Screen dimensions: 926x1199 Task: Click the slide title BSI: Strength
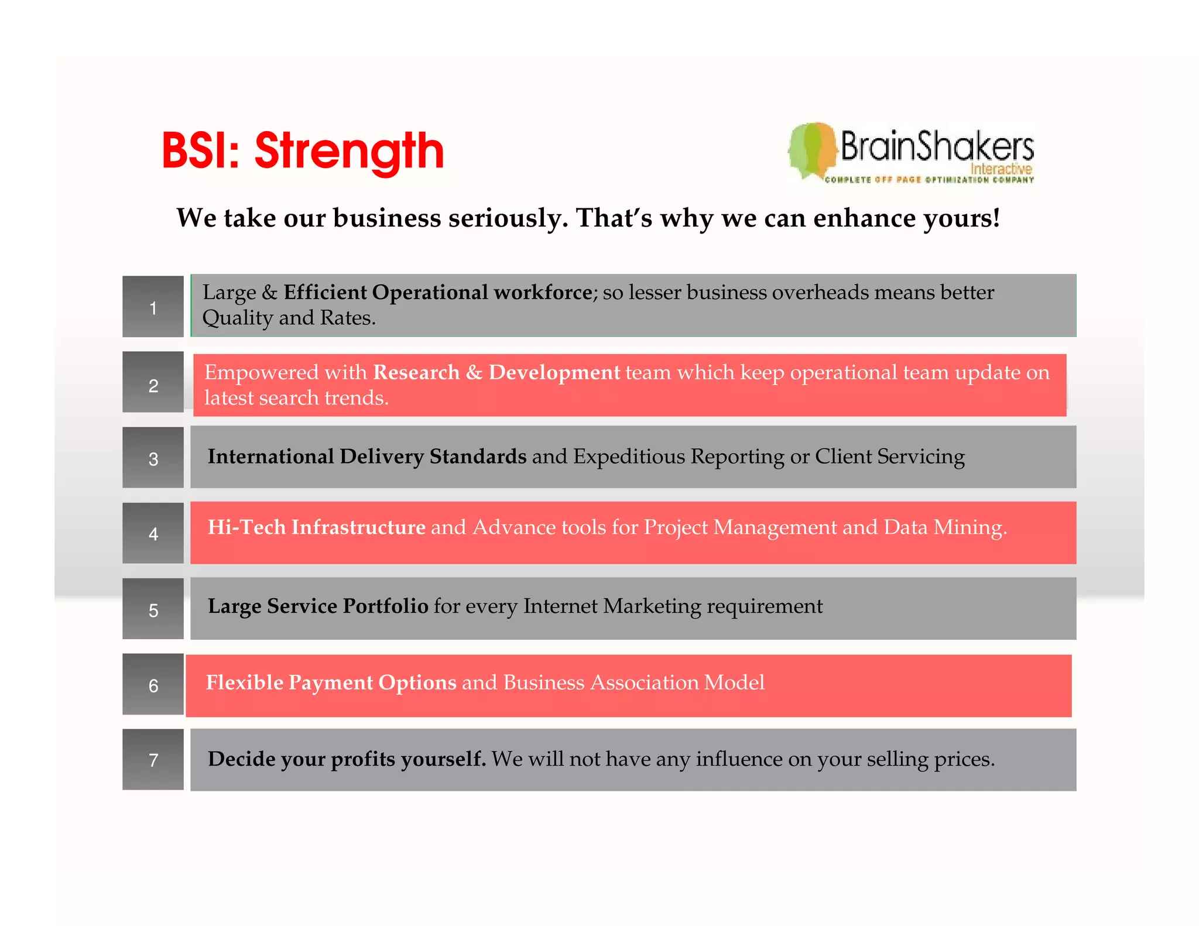click(x=302, y=151)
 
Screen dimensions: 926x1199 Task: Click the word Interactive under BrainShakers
click(x=1001, y=169)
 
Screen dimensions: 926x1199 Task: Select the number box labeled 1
click(x=153, y=307)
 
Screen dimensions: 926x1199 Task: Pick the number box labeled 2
click(x=153, y=383)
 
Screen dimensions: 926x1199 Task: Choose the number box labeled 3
click(x=153, y=458)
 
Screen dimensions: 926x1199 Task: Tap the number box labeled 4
click(x=153, y=533)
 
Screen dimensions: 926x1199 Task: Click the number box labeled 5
click(x=153, y=609)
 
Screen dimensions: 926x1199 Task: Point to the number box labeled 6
click(x=153, y=684)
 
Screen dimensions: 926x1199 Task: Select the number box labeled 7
click(x=153, y=759)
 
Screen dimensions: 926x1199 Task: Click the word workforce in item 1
click(x=543, y=292)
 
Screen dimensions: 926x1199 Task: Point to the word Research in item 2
click(x=416, y=372)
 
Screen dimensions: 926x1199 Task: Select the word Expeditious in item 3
click(x=629, y=457)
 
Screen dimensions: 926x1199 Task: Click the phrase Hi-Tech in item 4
click(x=246, y=527)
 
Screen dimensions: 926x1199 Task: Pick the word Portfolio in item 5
click(x=385, y=606)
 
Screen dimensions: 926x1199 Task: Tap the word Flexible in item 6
click(x=244, y=683)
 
